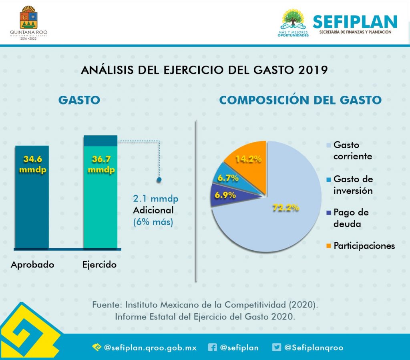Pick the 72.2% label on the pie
(286, 208)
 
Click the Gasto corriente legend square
(329, 145)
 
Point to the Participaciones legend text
(364, 245)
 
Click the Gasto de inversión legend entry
(352, 185)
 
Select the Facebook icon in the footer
(213, 348)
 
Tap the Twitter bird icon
(277, 348)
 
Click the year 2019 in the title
(313, 70)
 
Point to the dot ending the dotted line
(159, 180)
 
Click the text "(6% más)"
(153, 221)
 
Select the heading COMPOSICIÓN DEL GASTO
(300, 100)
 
